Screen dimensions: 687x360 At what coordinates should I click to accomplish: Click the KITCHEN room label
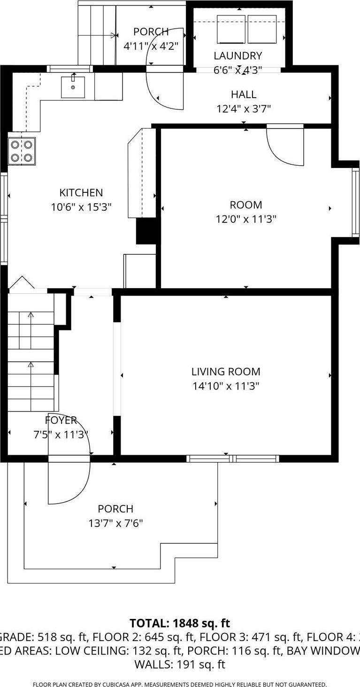tap(81, 193)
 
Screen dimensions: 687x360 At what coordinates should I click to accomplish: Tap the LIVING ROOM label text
tap(226, 372)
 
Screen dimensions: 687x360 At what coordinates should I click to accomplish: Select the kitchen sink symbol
tap(73, 87)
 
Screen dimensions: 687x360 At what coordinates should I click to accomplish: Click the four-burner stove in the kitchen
tap(22, 151)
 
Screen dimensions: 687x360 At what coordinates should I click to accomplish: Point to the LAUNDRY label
tap(237, 56)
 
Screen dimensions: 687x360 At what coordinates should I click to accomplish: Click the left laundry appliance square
tap(231, 30)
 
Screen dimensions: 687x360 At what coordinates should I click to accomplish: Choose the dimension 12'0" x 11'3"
tap(246, 219)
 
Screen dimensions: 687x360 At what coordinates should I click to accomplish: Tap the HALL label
tap(243, 94)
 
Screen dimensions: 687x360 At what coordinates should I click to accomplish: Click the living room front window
tap(233, 458)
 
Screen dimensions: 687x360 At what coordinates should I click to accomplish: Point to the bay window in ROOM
tap(355, 202)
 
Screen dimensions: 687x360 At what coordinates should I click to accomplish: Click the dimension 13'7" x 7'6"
tap(115, 523)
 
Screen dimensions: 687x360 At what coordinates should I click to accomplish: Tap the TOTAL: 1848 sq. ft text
tap(180, 623)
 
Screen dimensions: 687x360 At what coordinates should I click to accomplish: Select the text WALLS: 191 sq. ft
tap(180, 664)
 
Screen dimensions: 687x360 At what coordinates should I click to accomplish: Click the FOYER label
tap(61, 420)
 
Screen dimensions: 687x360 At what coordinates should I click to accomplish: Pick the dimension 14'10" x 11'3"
tap(226, 386)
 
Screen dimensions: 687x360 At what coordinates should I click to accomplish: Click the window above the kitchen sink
tap(70, 69)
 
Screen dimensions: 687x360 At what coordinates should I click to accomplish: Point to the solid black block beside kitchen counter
tap(146, 231)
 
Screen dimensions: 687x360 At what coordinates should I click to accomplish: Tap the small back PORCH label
tap(151, 32)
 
